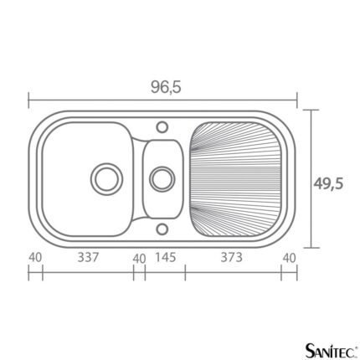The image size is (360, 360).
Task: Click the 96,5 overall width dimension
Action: (x=166, y=87)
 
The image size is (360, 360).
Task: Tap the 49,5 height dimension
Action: (x=328, y=184)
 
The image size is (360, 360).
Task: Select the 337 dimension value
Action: (x=88, y=257)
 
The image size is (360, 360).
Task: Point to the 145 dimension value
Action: (x=166, y=257)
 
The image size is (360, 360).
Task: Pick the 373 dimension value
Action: (x=232, y=257)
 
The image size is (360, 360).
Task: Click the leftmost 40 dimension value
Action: (x=35, y=257)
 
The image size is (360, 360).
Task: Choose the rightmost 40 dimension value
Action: (x=289, y=258)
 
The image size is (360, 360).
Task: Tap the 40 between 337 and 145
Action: (x=139, y=259)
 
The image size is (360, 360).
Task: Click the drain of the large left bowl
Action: (x=106, y=179)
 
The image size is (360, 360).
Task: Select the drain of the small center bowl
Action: (x=162, y=179)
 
